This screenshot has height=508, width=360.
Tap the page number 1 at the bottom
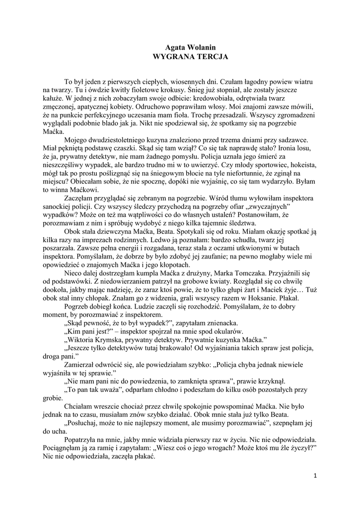(315, 476)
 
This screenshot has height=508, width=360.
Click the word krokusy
(185, 90)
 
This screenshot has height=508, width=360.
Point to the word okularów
(226, 333)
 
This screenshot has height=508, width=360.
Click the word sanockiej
(61, 207)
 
